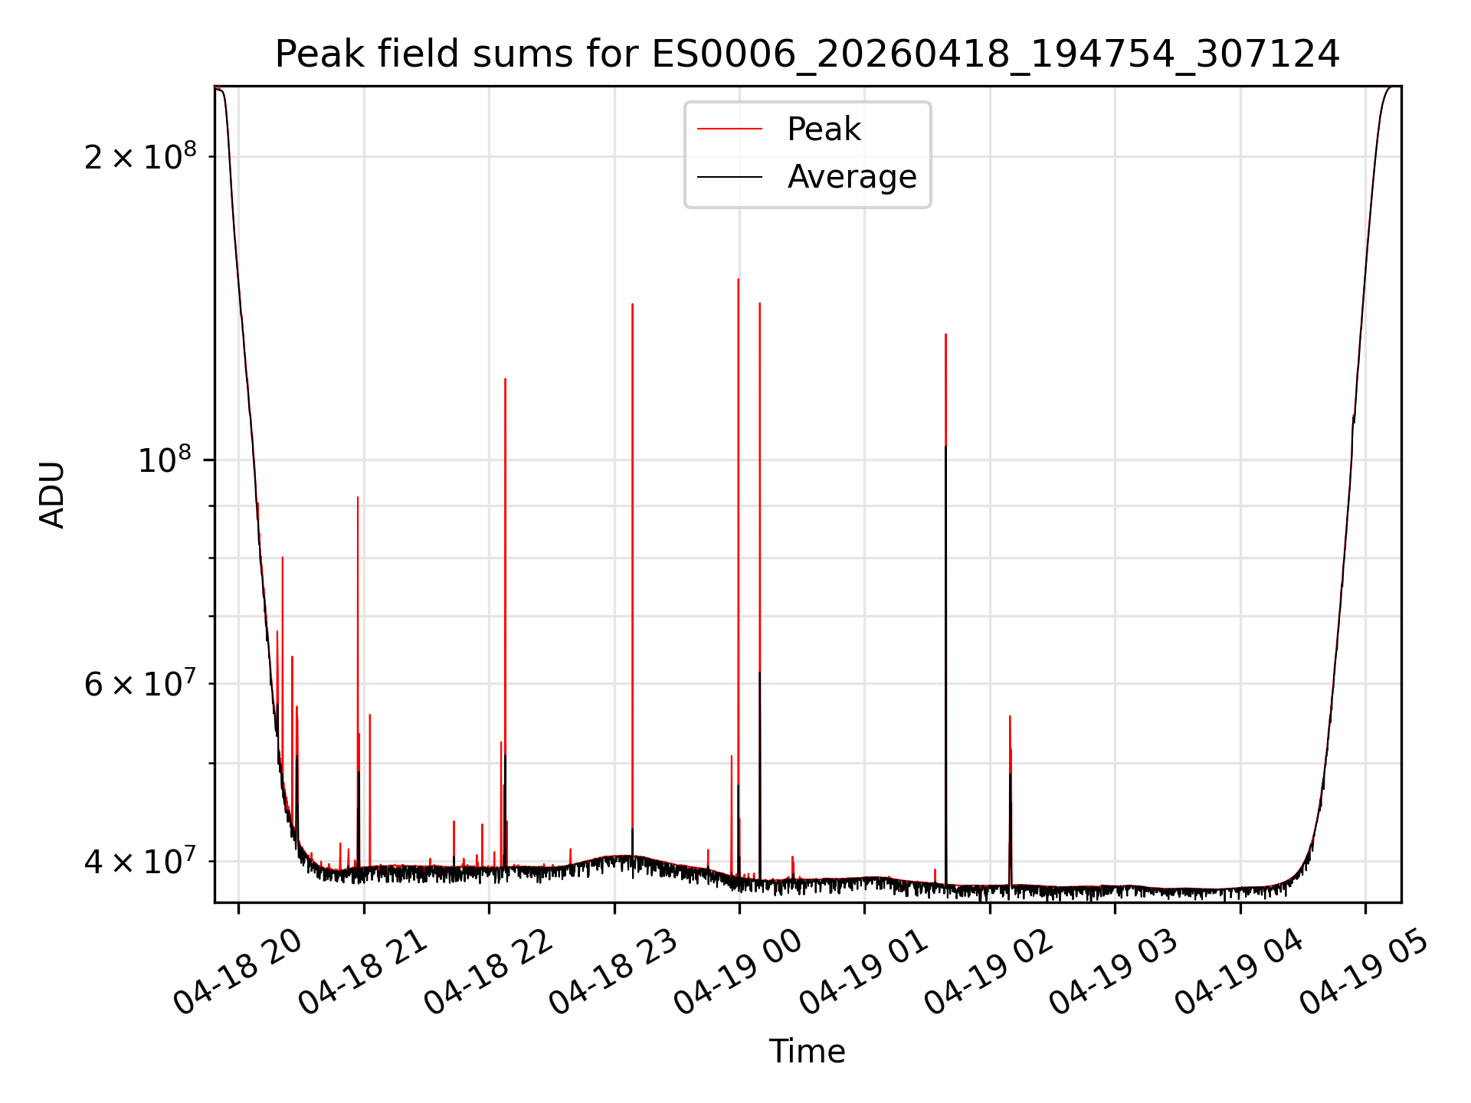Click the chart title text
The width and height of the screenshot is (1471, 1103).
click(807, 54)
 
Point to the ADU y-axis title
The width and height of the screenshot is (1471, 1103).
click(52, 494)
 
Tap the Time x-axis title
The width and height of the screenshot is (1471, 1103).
click(807, 1051)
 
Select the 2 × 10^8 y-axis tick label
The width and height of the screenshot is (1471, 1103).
click(140, 156)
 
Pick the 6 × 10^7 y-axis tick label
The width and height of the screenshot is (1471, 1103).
click(140, 683)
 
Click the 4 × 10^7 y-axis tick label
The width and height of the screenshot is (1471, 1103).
click(140, 861)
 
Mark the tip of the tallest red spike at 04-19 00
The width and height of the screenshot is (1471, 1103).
click(738, 279)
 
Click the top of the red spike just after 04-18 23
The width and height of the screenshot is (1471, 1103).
click(632, 304)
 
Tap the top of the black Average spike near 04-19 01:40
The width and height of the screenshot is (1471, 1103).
click(945, 446)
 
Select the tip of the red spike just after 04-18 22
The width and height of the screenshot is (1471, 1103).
click(505, 378)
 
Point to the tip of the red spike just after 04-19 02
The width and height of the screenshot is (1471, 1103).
click(1010, 716)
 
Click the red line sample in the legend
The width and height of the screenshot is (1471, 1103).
click(729, 129)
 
